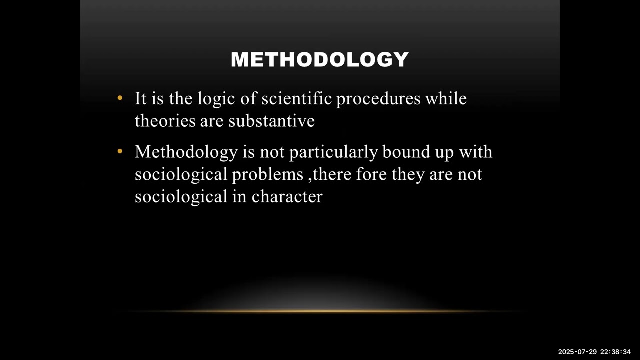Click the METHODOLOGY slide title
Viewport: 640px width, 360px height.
[320, 60]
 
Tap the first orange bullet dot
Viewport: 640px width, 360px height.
[120, 98]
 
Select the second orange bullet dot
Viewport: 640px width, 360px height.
[120, 151]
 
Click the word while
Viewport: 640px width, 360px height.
[446, 99]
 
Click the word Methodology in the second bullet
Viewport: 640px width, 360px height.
[186, 152]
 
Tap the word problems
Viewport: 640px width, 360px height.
[267, 174]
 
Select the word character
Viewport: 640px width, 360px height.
[287, 196]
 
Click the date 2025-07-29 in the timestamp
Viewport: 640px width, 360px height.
[577, 352]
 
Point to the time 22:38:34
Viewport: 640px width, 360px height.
[615, 352]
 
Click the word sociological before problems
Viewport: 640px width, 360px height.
[181, 174]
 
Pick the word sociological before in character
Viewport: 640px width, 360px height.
[181, 196]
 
